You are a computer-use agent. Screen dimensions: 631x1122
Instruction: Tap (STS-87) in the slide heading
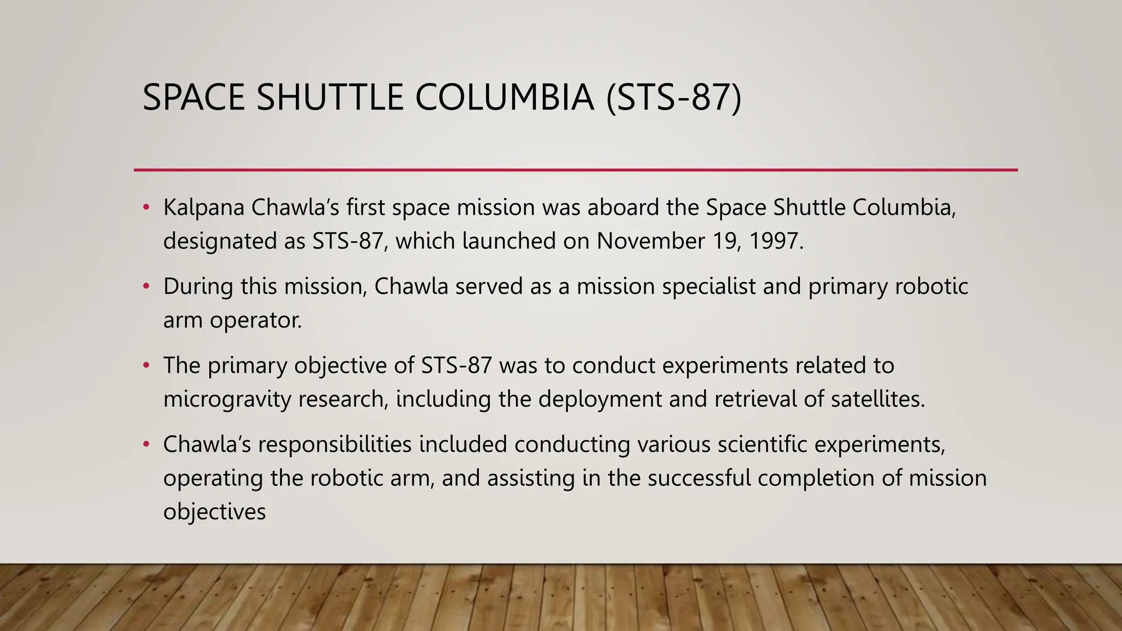coord(673,97)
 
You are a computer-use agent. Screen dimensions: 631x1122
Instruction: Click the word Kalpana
coord(203,208)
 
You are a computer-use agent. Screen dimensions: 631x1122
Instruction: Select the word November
coord(650,241)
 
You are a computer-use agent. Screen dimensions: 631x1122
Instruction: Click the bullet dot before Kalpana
coord(146,208)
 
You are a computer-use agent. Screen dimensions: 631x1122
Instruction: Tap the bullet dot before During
coord(146,286)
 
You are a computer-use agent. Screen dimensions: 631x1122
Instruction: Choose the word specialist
coord(708,286)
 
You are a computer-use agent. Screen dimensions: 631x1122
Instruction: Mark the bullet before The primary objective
coord(146,365)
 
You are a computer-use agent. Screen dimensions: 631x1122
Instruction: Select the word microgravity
coord(227,399)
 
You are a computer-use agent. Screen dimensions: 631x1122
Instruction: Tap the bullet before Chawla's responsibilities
coord(146,444)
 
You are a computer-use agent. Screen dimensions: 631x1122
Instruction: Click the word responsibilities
coord(335,444)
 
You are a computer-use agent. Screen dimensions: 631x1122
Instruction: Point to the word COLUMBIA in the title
coord(505,97)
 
